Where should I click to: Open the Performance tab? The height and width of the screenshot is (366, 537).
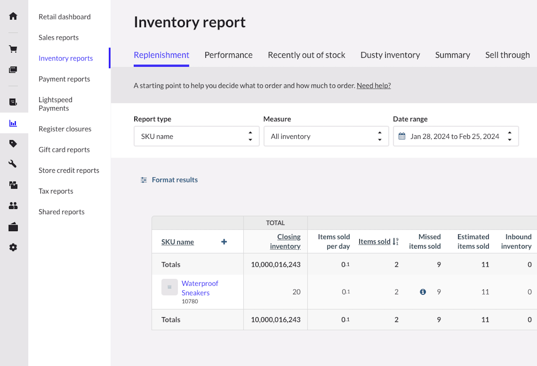[228, 55]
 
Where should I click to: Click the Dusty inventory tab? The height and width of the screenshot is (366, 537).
[390, 55]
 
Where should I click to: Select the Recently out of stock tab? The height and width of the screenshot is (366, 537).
[307, 55]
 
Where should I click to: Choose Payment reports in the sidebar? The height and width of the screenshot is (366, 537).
[64, 79]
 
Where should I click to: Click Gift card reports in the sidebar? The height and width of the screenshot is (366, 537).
[64, 150]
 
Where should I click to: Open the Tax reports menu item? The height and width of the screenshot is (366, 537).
[56, 191]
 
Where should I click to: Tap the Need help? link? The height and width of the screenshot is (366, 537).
[373, 86]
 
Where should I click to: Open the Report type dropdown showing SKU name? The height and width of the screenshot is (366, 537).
[196, 136]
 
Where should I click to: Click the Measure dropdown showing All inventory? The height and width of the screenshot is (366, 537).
[326, 136]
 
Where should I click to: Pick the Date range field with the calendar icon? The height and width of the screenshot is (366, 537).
[456, 136]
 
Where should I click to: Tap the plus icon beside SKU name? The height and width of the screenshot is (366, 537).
[224, 242]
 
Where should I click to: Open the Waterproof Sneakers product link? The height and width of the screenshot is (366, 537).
[200, 288]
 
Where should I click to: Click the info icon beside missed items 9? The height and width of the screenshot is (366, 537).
[423, 292]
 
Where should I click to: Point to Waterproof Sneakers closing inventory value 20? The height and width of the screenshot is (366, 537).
[296, 292]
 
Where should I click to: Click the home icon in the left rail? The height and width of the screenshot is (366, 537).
[13, 16]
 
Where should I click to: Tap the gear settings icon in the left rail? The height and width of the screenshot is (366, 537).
[13, 247]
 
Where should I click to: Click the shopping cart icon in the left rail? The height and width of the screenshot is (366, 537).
[13, 49]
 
